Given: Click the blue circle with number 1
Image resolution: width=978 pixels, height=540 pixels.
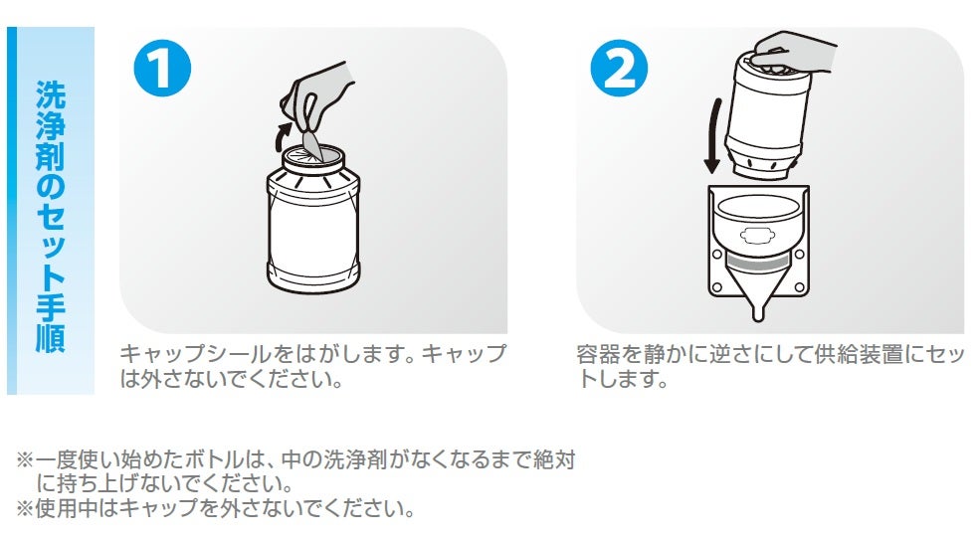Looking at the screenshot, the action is (x=162, y=68).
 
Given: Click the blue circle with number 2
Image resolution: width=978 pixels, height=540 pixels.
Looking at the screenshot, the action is (x=619, y=68).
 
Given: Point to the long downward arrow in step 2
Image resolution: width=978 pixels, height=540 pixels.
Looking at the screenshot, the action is (x=713, y=136).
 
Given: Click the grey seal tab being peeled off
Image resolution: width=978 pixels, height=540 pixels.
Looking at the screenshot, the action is (x=310, y=141).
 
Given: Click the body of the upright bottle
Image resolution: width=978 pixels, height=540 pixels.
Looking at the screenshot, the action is (x=313, y=234).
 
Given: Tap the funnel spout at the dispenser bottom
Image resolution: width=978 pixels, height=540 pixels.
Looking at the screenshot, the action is (x=758, y=305).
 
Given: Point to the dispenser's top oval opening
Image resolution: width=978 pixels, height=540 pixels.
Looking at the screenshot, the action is (x=758, y=207).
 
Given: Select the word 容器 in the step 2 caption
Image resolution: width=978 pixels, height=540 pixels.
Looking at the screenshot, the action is (x=599, y=354).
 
